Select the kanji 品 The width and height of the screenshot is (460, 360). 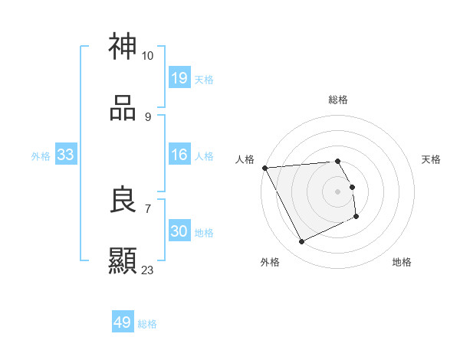click(123, 108)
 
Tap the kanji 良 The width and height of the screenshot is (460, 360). click(123, 200)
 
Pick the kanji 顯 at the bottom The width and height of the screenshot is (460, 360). click(123, 261)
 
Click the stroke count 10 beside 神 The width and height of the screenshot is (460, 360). click(147, 56)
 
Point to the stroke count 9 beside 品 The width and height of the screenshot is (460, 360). click(147, 117)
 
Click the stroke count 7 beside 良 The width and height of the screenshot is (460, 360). click(147, 208)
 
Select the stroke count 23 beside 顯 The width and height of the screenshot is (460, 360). click(147, 270)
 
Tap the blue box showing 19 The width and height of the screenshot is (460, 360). click(179, 78)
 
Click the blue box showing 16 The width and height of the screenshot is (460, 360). click(179, 155)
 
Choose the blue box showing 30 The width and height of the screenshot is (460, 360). click(179, 232)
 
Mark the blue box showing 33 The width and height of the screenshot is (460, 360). click(66, 155)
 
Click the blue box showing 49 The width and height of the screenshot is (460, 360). click(123, 322)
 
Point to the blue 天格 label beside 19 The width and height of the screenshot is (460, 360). click(204, 79)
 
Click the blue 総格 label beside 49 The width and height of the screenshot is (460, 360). click(147, 324)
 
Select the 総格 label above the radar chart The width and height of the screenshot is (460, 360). click(338, 100)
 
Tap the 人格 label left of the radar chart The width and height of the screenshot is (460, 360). click(245, 159)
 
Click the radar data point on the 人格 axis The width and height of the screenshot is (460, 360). click(264, 168)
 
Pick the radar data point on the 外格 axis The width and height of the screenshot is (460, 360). click(301, 242)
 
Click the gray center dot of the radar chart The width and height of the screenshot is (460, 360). click(338, 191)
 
